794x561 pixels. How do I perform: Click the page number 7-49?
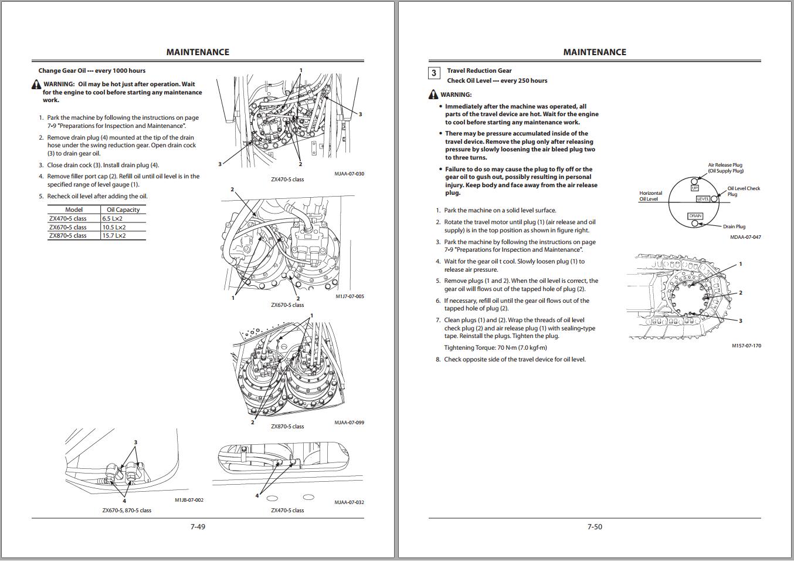[198, 526]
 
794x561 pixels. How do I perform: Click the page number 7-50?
[595, 526]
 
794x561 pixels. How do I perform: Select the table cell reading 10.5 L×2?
[114, 227]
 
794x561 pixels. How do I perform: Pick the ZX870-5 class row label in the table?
[67, 235]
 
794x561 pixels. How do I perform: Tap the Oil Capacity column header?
[123, 209]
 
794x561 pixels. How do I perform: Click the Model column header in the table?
[74, 209]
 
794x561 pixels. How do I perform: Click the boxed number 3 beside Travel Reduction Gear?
[434, 73]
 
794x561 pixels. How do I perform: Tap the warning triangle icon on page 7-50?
[433, 94]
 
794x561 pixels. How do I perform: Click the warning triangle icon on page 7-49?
[36, 85]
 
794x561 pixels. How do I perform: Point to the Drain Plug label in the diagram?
[734, 227]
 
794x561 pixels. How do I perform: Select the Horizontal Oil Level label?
[650, 196]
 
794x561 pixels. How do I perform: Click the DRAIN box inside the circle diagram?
[695, 216]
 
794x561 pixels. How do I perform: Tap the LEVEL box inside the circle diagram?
[703, 199]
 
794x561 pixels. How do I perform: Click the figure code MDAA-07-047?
[745, 237]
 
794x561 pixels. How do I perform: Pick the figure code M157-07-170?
[746, 346]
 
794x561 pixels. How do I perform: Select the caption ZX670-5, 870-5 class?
[127, 511]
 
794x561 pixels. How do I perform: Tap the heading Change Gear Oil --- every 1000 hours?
[92, 70]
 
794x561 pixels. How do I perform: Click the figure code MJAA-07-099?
[349, 423]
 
